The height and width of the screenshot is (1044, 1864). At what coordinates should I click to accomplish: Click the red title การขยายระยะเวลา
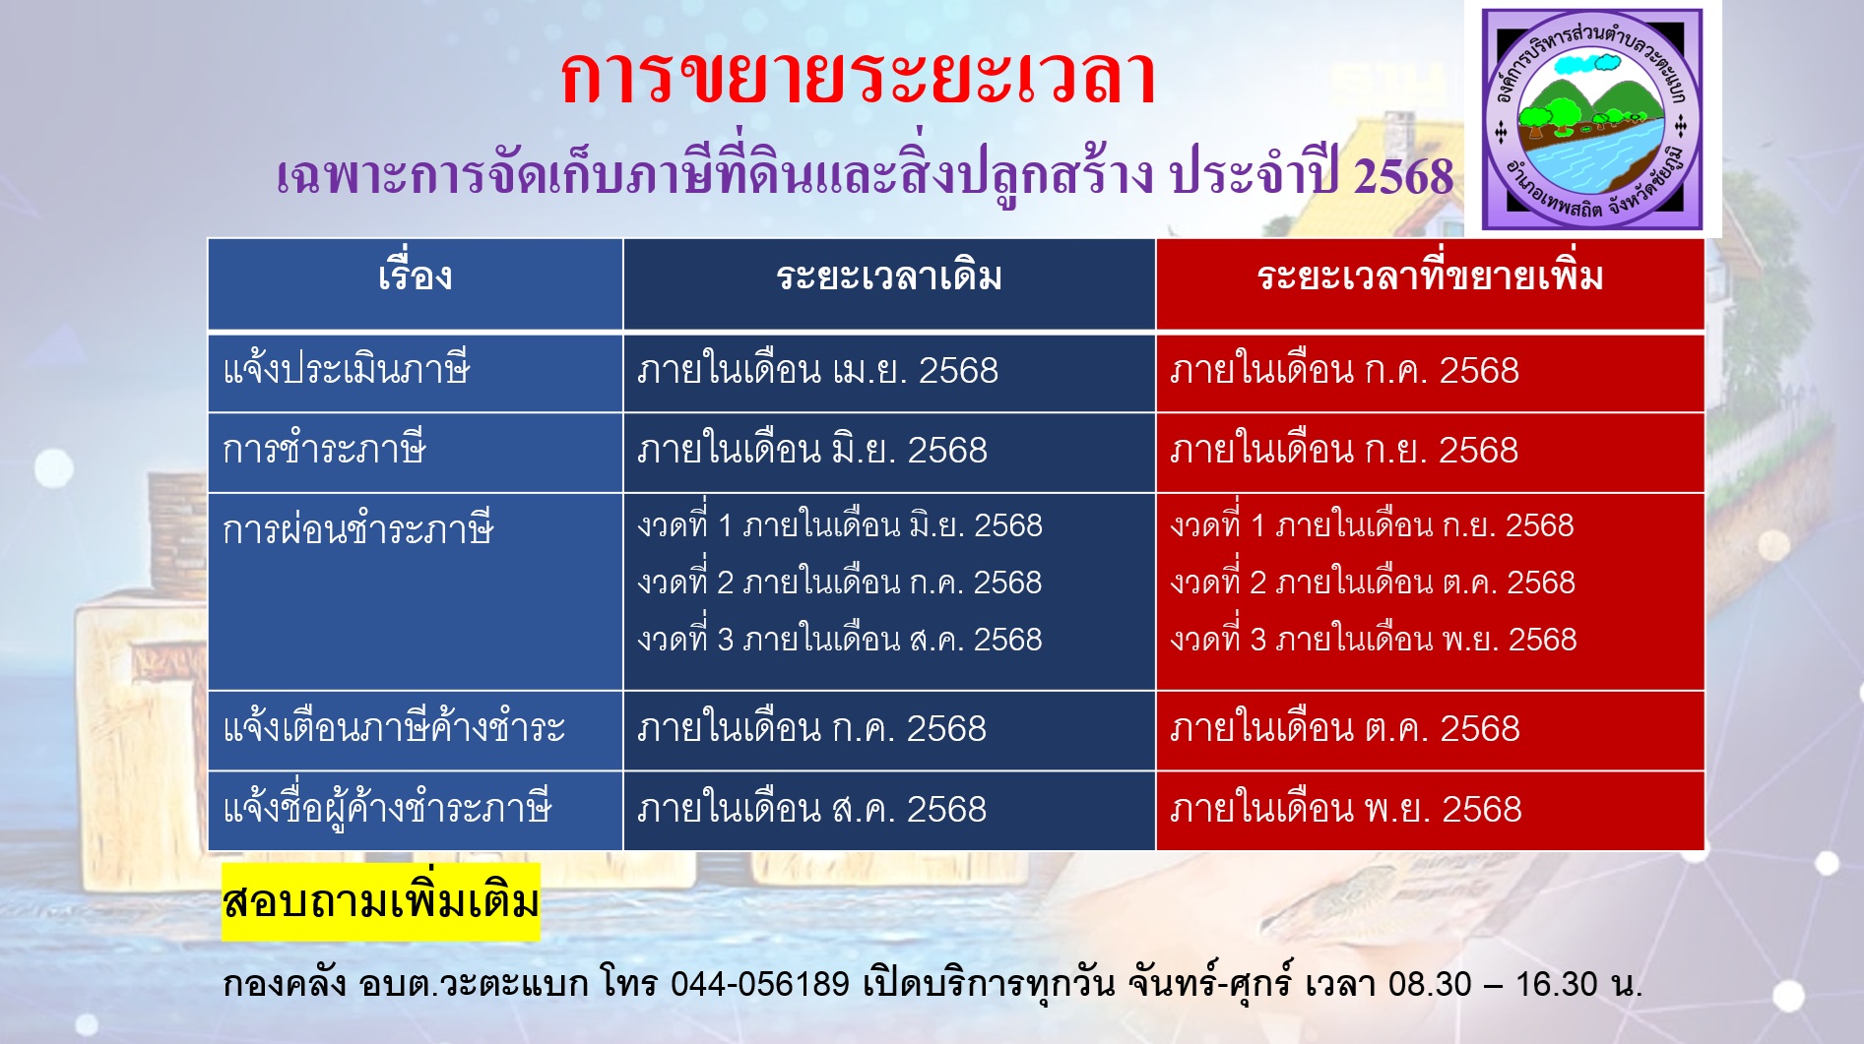point(858,77)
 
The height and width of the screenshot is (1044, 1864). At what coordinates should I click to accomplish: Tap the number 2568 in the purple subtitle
point(1403,177)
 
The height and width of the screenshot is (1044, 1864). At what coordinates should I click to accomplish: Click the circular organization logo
point(1592,119)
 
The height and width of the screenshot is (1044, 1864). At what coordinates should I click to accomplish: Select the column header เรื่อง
point(415,276)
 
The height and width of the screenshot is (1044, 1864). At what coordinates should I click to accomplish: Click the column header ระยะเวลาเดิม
point(889,277)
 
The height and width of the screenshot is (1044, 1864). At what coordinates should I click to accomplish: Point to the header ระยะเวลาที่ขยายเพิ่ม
point(1430,276)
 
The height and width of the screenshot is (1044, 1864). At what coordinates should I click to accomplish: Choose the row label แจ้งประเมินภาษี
point(347,370)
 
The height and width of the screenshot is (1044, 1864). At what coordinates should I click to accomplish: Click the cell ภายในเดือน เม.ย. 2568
point(817,371)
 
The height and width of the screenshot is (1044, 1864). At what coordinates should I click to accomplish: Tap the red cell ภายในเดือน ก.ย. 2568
point(1343,450)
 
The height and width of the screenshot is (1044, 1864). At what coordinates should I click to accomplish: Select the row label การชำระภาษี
point(324,450)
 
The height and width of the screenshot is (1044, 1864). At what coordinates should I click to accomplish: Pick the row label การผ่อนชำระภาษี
point(357,529)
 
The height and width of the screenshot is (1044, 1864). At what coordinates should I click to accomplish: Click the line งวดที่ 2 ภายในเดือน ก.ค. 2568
point(839,582)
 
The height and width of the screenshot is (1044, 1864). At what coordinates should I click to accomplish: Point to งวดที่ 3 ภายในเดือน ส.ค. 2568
point(839,639)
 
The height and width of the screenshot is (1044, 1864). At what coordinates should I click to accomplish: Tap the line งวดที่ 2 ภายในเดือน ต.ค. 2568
point(1373,582)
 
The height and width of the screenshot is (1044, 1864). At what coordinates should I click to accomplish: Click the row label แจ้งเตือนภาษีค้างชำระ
point(394,728)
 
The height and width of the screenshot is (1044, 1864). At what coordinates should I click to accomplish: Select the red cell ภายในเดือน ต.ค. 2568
point(1344,728)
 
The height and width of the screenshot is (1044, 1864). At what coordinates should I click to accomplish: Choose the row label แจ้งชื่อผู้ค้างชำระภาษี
point(387,809)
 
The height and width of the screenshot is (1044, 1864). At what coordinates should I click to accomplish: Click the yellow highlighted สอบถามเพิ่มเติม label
point(381,901)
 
